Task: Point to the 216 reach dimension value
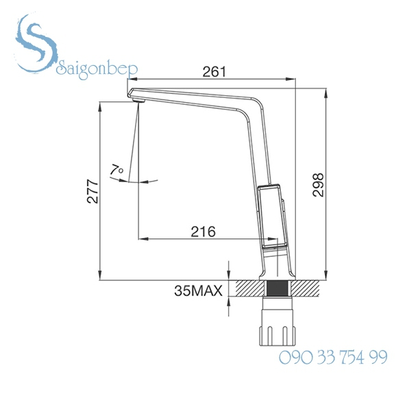click(202, 231)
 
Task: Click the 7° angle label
click(116, 169)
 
